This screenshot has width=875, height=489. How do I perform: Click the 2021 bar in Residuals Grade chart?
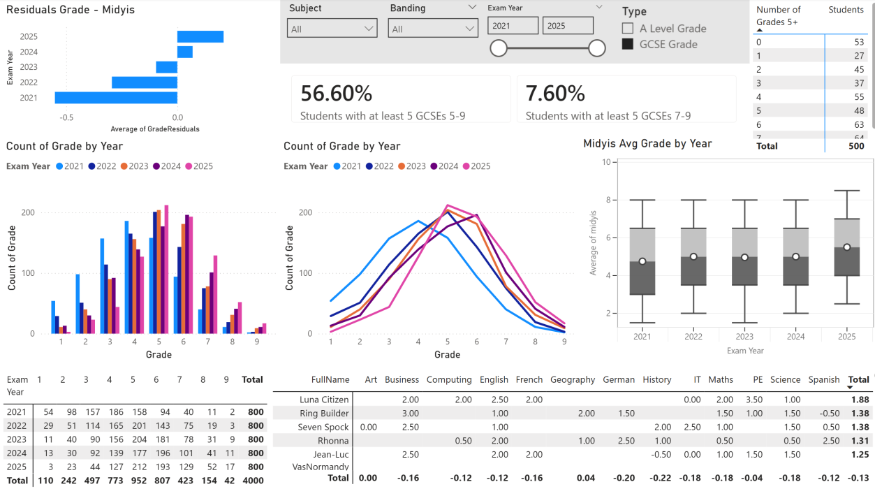[116, 98]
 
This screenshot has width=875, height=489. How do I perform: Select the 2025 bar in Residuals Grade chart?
[200, 36]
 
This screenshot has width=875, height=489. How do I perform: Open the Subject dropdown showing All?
[332, 29]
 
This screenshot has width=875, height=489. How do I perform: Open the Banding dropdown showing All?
[433, 29]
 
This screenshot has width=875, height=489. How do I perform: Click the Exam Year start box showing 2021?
[513, 26]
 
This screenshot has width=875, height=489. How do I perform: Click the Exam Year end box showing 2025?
[568, 26]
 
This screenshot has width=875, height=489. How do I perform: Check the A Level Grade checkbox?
[628, 29]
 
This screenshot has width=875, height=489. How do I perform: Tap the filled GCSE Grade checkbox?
[628, 44]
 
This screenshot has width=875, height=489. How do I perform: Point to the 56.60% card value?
[337, 94]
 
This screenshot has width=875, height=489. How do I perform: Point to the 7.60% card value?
[555, 94]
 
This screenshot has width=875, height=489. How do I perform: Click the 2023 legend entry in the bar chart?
[133, 166]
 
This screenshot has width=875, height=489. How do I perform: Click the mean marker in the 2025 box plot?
[847, 247]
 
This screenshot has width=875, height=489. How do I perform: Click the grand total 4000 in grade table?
[252, 481]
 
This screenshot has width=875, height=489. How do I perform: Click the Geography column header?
[572, 379]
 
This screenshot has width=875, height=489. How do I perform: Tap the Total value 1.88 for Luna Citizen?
[860, 399]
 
